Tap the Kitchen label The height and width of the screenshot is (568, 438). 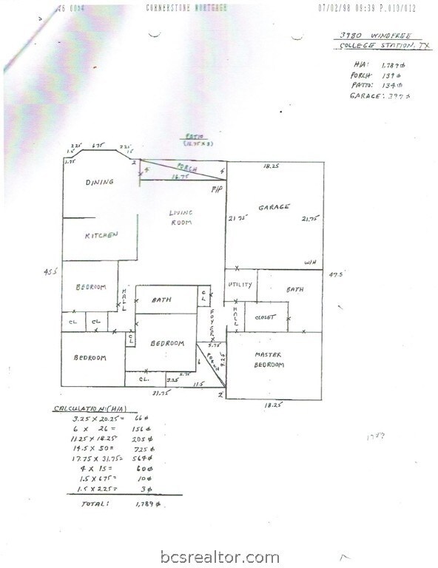pyautogui.click(x=101, y=234)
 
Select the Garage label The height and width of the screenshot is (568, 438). pyautogui.click(x=274, y=207)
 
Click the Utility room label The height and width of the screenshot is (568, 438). pyautogui.click(x=242, y=285)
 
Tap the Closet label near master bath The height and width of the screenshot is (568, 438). pyautogui.click(x=265, y=317)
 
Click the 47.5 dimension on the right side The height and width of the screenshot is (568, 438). pyautogui.click(x=337, y=273)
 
